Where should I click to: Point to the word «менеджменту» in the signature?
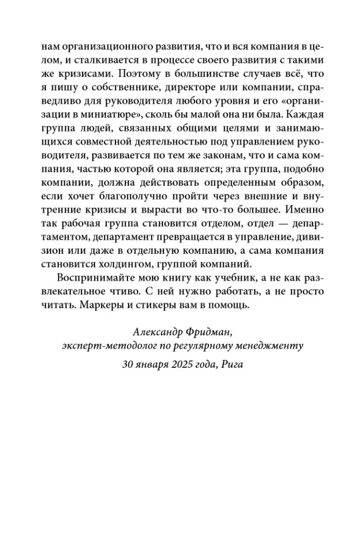267,346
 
